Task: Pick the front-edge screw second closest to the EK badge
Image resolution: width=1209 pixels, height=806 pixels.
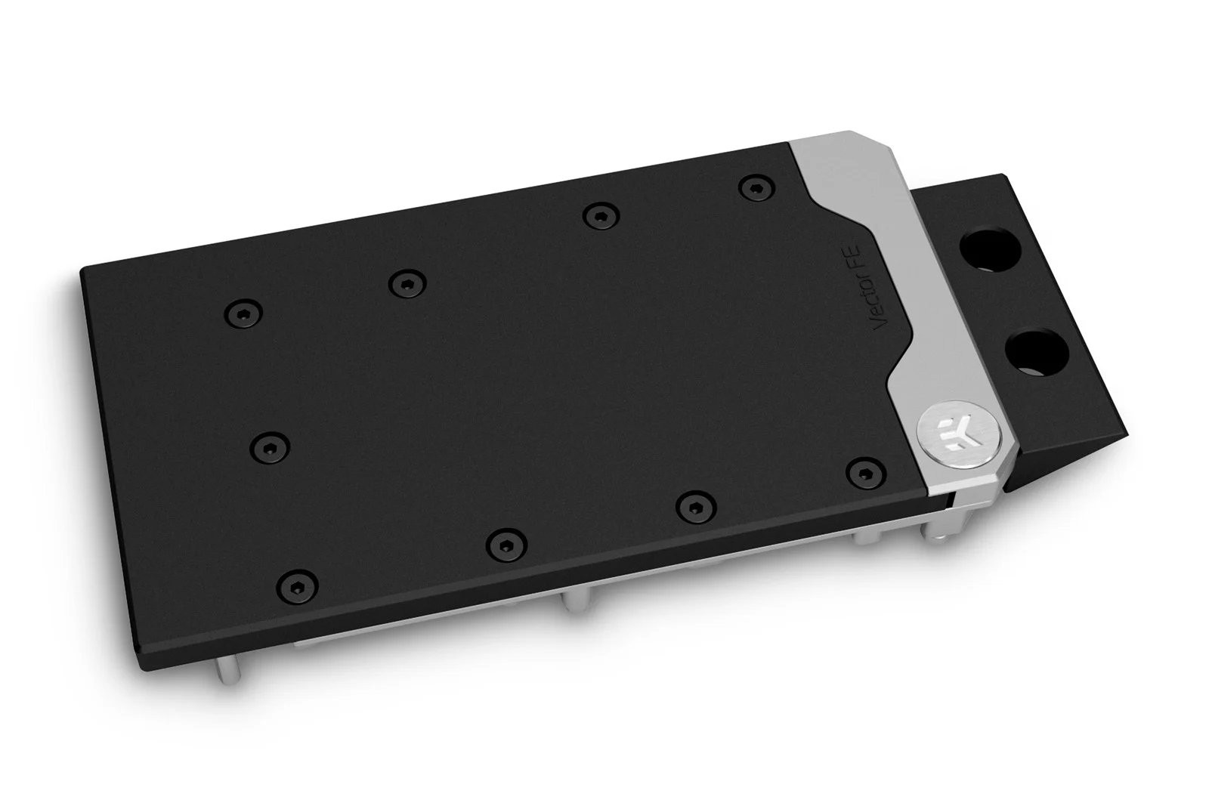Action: point(691,505)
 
